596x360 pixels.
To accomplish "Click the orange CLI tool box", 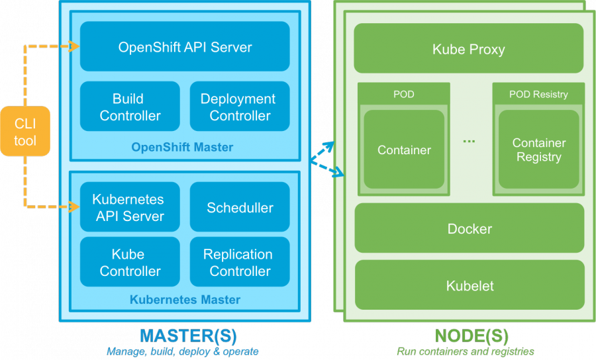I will (25, 131).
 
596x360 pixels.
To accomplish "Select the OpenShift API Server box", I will (185, 47).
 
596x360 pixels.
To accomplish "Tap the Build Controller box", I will (130, 107).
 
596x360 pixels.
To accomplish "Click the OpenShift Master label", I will (182, 147).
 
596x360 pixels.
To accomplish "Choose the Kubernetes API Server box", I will (130, 207).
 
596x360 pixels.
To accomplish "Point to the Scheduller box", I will (240, 207).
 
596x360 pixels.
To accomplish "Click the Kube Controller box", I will (130, 262).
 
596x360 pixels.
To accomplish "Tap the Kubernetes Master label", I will (185, 300).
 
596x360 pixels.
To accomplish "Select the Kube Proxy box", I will (469, 49).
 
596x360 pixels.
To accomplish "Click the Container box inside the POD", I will (404, 150).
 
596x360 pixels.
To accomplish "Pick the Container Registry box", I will (538, 150).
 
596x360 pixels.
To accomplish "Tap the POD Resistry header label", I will (538, 94).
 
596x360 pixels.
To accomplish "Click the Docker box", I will (469, 229).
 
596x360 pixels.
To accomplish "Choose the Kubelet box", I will (469, 286).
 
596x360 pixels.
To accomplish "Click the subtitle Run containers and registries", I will (465, 351).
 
